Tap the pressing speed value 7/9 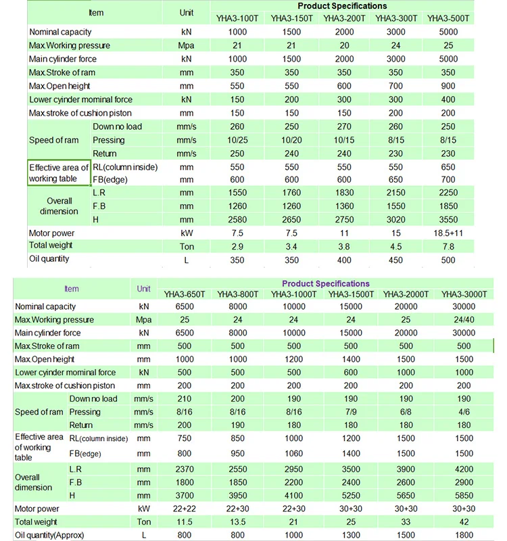click(350, 412)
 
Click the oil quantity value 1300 click(350, 535)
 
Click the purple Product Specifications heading click(325, 284)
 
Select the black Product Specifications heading click(343, 6)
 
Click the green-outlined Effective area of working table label click(59, 173)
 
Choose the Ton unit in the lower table click(144, 522)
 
